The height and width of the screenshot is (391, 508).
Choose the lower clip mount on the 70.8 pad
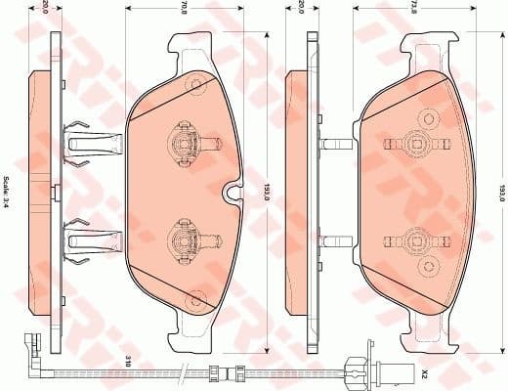click(x=184, y=234)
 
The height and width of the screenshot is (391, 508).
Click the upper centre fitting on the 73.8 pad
click(x=418, y=144)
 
